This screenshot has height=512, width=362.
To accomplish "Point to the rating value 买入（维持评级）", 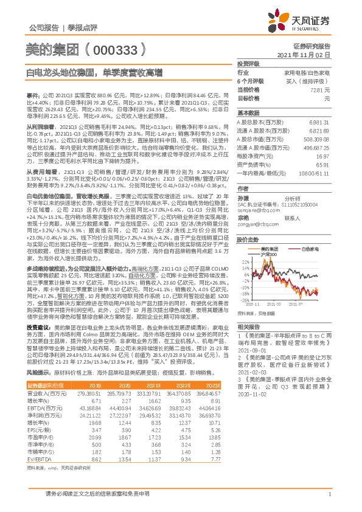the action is pos(311,81).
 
